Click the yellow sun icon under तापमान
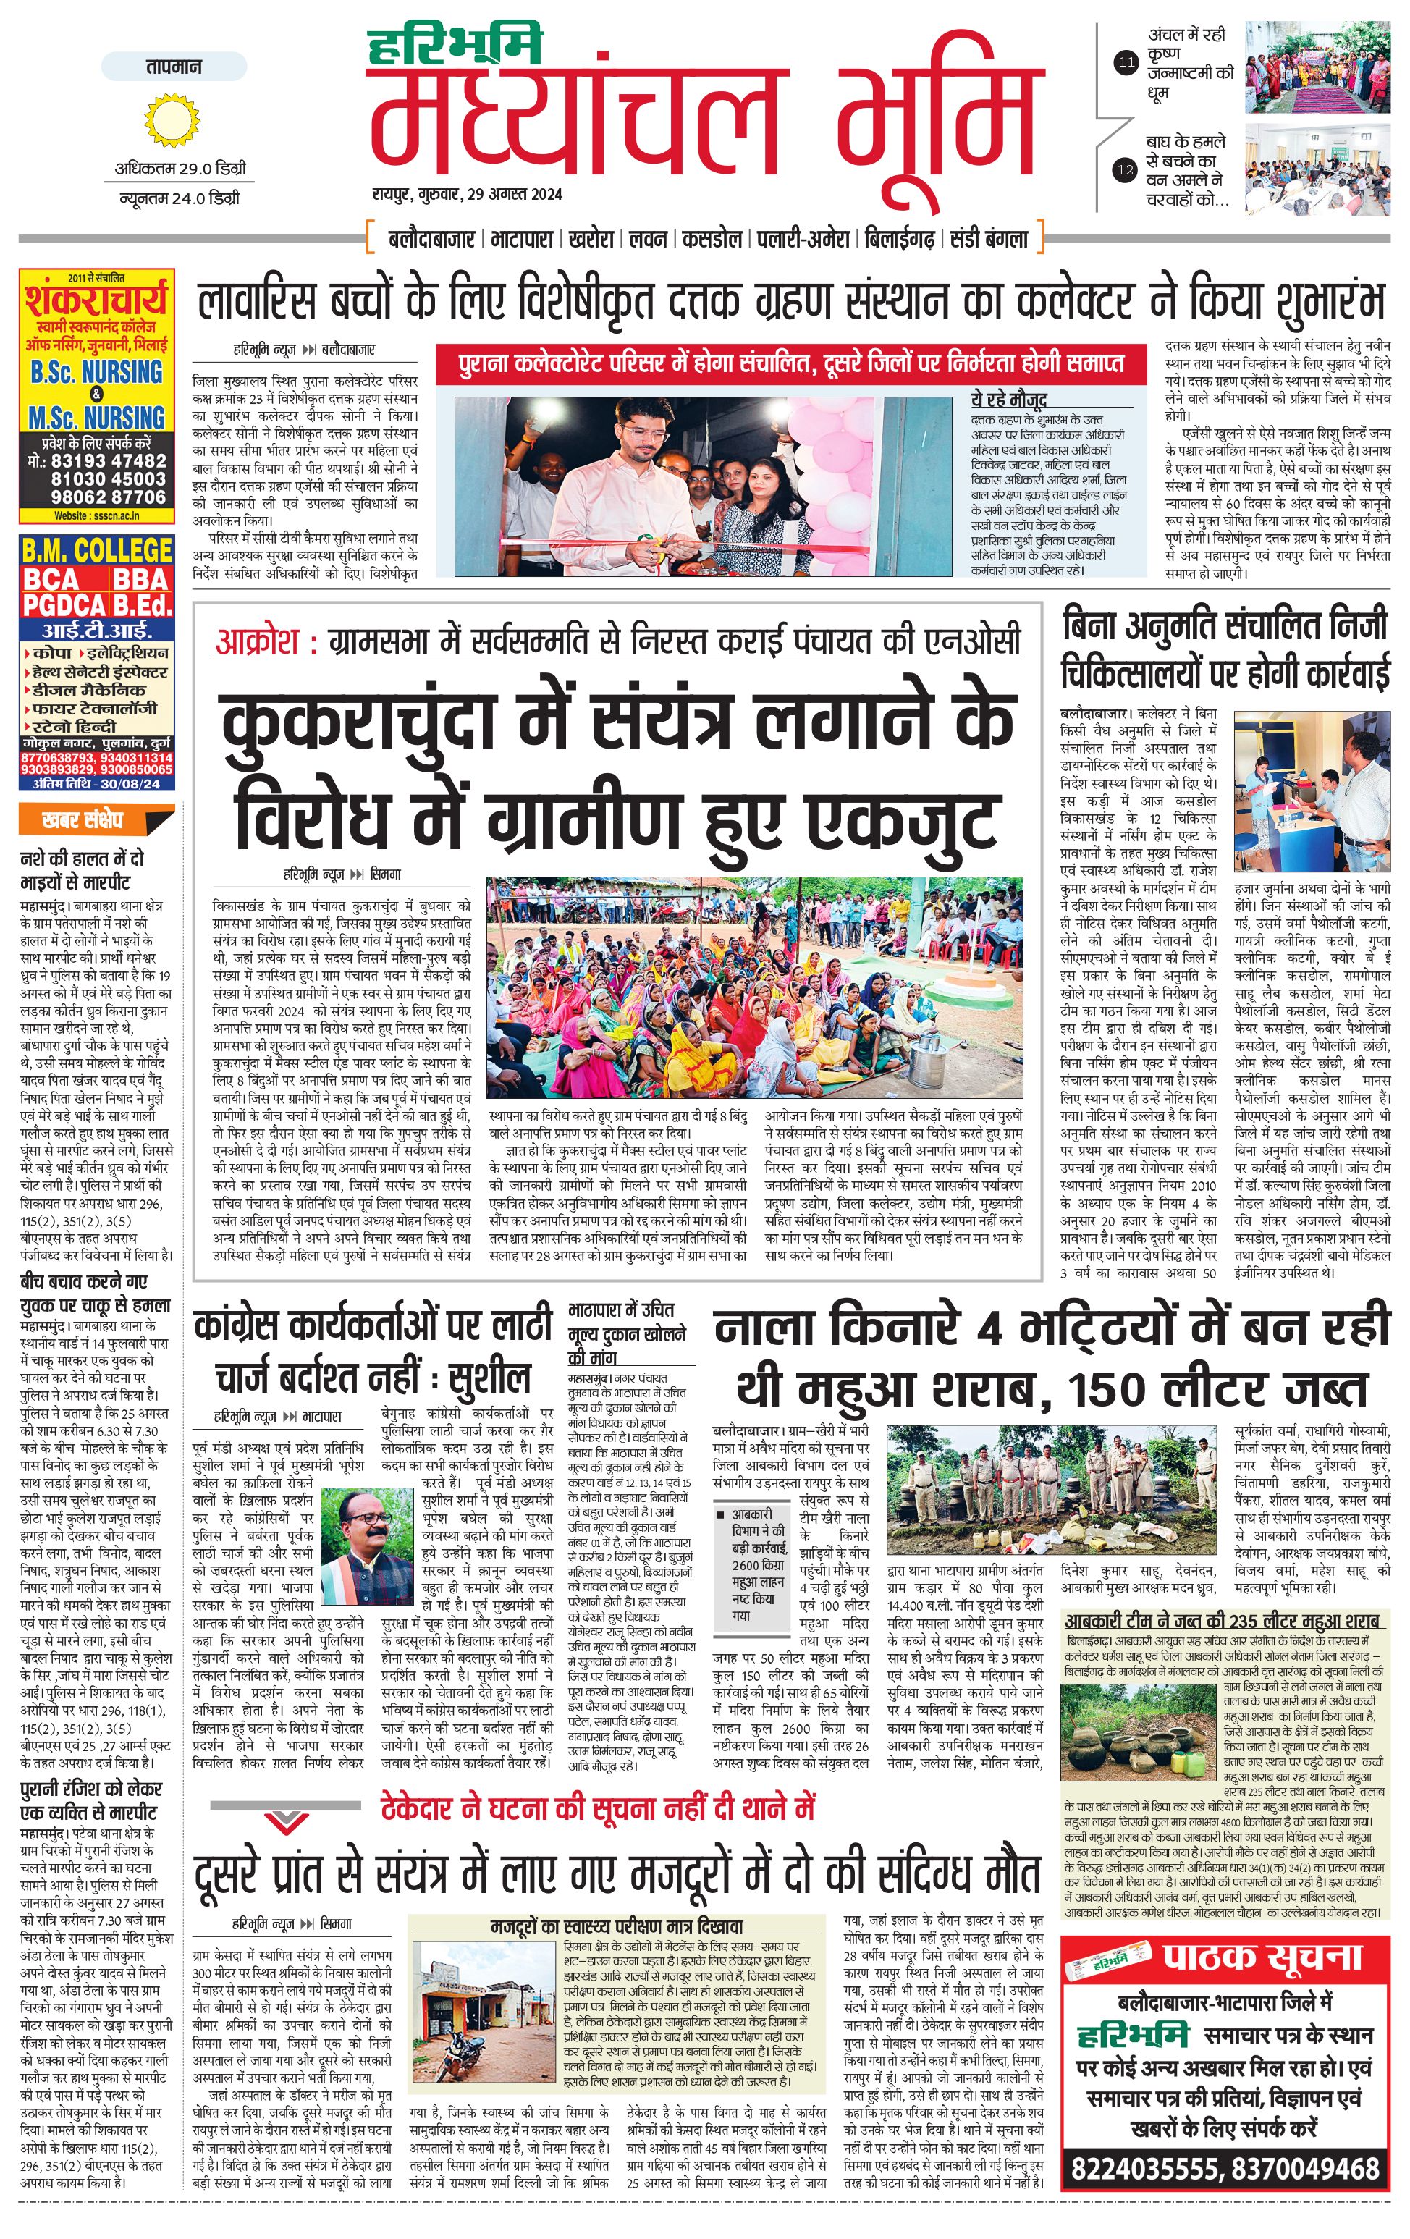click(x=173, y=119)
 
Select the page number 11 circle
click(x=1126, y=63)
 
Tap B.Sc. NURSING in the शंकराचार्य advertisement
click(x=96, y=373)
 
